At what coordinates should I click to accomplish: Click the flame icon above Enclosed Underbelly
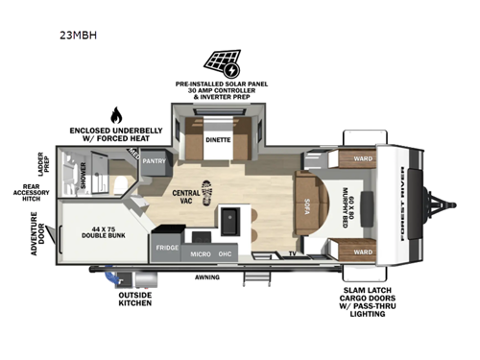(117, 115)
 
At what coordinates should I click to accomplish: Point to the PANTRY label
(156, 162)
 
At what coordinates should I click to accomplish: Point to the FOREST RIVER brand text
(401, 203)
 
